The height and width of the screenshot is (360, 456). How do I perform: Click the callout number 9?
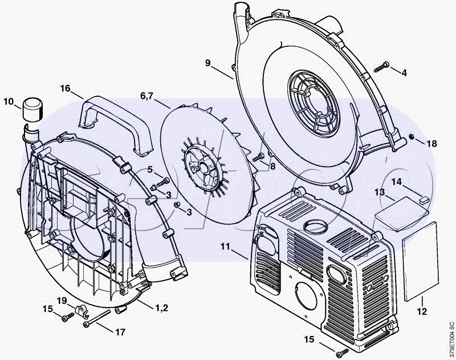[x=207, y=63]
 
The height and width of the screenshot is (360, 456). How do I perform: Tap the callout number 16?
[x=66, y=88]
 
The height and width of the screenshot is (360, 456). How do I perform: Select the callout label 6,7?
[x=146, y=95]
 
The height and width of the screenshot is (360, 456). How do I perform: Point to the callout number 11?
[x=225, y=247]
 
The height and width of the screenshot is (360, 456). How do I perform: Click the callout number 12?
[x=422, y=312]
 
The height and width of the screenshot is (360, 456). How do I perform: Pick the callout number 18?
[x=431, y=143]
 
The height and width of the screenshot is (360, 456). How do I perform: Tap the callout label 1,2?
[x=161, y=308]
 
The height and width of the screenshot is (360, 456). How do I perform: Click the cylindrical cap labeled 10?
[x=33, y=110]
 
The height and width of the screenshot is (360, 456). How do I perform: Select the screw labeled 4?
[x=381, y=67]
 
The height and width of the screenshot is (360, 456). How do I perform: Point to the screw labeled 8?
[x=258, y=157]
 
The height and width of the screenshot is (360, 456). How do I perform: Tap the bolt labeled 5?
[x=163, y=182]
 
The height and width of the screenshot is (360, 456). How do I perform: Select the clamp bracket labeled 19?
[x=81, y=310]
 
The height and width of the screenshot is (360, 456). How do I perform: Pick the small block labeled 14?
[x=424, y=199]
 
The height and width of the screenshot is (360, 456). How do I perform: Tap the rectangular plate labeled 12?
[x=421, y=261]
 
